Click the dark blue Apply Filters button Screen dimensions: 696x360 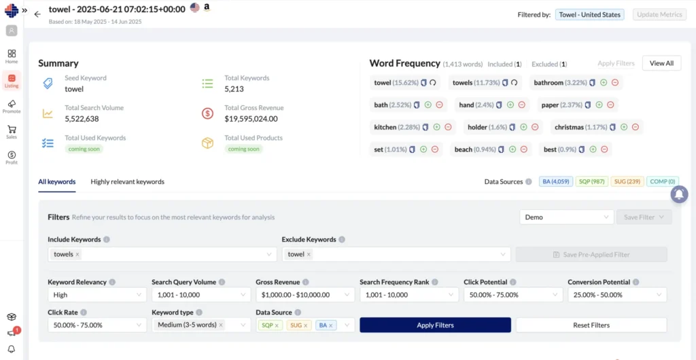tap(435, 325)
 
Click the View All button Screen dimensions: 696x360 tap(661, 63)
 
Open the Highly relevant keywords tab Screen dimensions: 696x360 tap(127, 182)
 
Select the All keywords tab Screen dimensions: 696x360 tap(57, 182)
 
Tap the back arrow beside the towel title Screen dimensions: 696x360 tap(38, 14)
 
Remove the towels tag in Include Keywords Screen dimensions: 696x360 tap(77, 255)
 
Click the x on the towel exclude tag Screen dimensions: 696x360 tap(309, 255)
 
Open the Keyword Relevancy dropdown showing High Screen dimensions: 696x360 tap(97, 295)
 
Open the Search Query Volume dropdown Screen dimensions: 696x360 tap(201, 295)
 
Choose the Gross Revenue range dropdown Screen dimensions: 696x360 tap(305, 295)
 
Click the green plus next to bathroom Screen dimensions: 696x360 tap(604, 82)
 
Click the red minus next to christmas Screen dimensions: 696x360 tap(636, 127)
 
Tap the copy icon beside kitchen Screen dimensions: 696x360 tap(425, 127)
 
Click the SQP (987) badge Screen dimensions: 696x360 tap(592, 181)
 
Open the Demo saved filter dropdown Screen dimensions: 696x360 tap(567, 217)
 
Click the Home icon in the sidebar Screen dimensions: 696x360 tap(12, 56)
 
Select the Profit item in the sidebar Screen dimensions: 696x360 tap(12, 158)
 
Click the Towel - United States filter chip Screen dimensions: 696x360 tap(589, 15)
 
